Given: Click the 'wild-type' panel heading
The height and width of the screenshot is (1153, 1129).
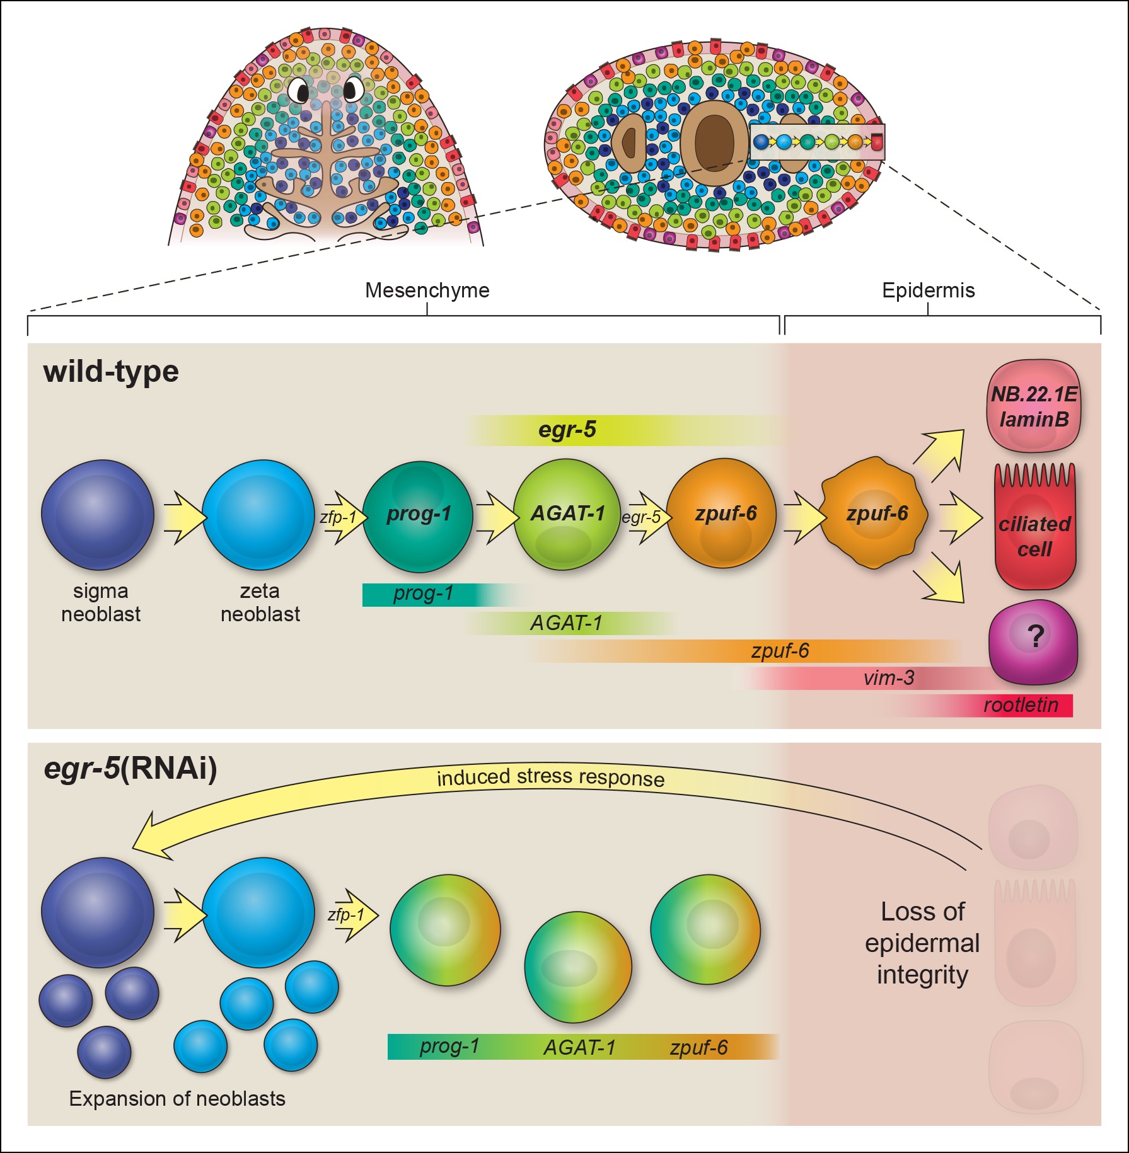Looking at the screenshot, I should pos(111,372).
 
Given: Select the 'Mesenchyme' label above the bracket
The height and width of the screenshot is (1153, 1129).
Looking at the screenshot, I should pos(427,290).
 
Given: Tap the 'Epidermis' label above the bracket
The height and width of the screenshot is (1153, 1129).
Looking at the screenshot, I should pos(928,290).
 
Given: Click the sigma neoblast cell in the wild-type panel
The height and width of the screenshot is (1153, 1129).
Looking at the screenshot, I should pos(98,515).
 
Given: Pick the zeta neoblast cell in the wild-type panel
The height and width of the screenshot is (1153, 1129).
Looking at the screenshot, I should pos(258,515).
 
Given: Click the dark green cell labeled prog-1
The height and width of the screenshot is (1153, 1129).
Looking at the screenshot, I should pos(418,515).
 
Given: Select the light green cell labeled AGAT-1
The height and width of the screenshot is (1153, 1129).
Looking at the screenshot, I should pos(567,515).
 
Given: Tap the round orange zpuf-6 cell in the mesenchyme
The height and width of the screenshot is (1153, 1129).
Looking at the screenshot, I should pos(722,514).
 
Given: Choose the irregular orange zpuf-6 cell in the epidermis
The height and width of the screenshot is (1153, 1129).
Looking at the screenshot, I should pos(875,514).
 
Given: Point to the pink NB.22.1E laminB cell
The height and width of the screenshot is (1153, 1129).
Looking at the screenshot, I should pos(1034,406).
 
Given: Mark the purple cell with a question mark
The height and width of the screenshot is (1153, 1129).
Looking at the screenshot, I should pos(1034,641).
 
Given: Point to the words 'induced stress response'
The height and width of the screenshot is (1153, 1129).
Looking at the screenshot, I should pos(550,778).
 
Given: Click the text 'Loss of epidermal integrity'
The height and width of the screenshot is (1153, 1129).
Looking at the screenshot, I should pos(922,943).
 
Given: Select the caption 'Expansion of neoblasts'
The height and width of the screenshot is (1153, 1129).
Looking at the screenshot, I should pos(177,1099).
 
